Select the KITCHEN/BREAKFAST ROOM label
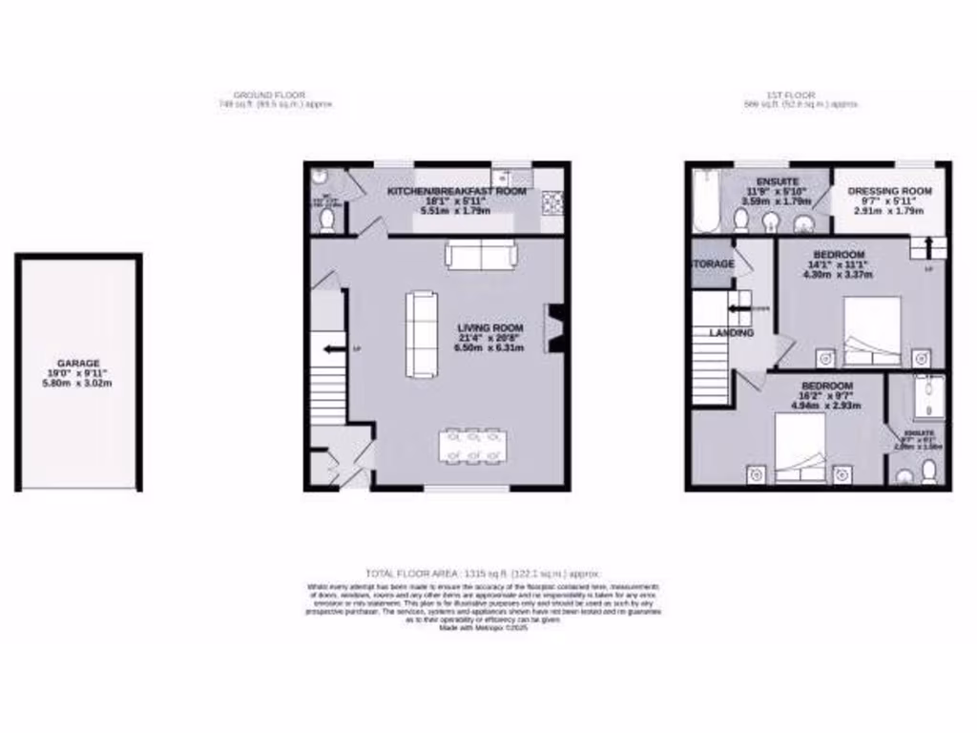(x=456, y=191)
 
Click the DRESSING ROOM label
(x=889, y=191)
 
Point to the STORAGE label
(x=713, y=263)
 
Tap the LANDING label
(x=731, y=333)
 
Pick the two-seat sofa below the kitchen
(x=481, y=254)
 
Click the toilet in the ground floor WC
(x=326, y=220)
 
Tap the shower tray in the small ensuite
(x=925, y=397)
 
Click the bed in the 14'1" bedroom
(x=872, y=332)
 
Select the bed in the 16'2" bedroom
(x=800, y=449)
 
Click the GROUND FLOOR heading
(x=269, y=95)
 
